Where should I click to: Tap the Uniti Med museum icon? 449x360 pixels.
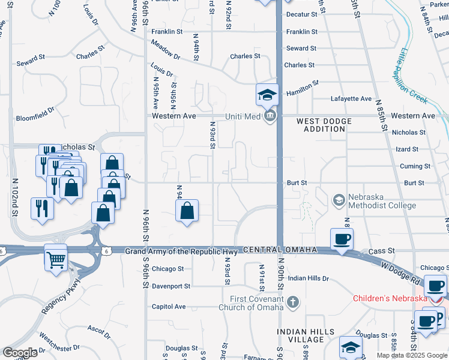pos(270,115)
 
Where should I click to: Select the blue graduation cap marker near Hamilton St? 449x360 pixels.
pos(268,95)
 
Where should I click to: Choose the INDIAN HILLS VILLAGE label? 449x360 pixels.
pos(301,335)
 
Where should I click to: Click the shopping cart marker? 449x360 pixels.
pos(56,259)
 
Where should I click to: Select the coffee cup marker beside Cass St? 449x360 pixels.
pos(342,239)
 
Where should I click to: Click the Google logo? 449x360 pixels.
pos(20,353)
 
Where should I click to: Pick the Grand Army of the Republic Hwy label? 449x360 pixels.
pos(182,249)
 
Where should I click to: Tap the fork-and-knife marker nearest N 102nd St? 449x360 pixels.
pos(41,208)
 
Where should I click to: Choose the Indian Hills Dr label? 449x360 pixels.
pos(309,278)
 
